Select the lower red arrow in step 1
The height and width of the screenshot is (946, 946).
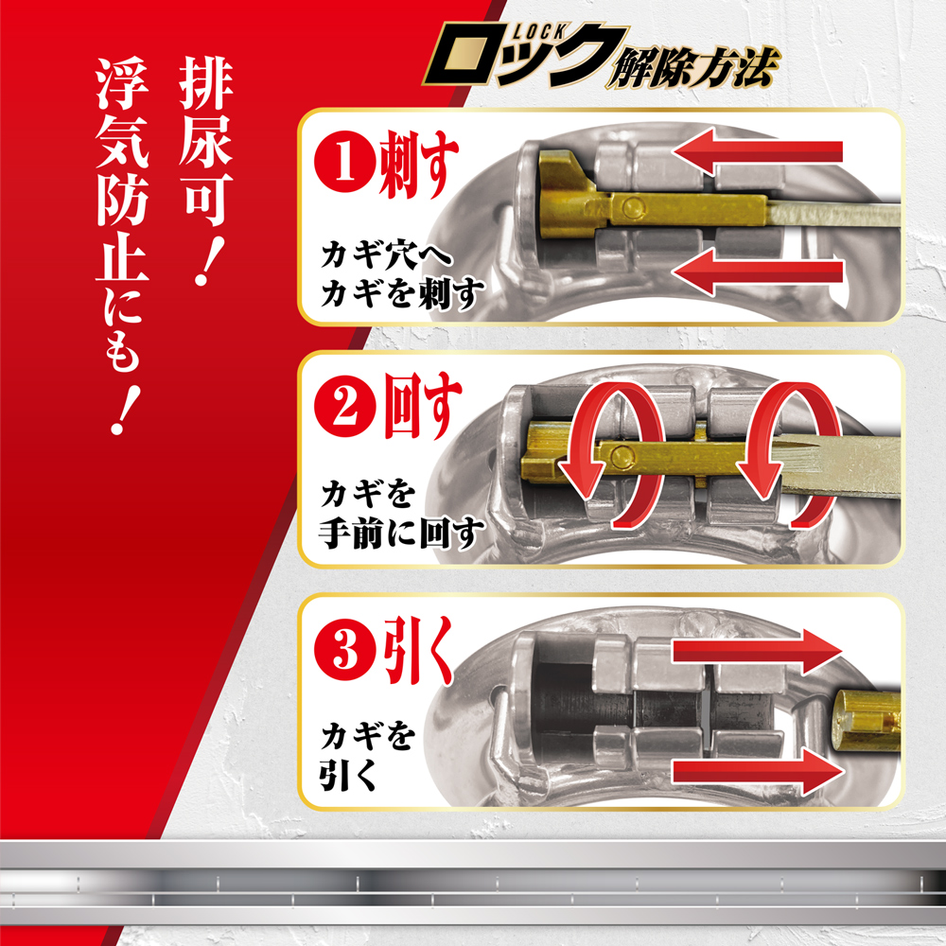[762, 272]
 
